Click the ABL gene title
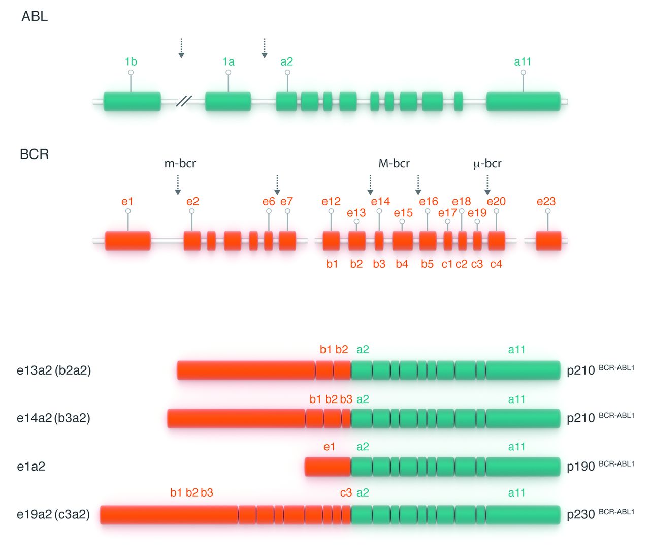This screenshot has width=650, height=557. coord(35,17)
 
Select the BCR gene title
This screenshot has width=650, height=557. coord(34,154)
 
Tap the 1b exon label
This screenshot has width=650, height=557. coord(131,61)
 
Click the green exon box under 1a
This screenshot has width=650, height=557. coord(228,102)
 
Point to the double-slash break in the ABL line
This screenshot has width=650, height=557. coord(183,101)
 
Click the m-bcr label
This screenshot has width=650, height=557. coord(180,164)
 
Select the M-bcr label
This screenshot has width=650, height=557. coord(394,164)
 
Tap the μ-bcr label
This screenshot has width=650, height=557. coord(487,164)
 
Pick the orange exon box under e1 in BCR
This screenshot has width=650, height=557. coord(128,241)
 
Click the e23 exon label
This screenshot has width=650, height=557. coord(546,202)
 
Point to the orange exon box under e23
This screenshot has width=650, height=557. coord(548,241)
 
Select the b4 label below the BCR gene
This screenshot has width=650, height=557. coord(402,264)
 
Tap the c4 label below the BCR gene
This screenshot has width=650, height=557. coord(496,264)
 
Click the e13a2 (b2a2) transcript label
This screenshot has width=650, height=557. coord(54,370)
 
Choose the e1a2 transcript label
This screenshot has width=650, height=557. coord(31,467)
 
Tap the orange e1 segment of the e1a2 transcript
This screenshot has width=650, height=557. coord(328,467)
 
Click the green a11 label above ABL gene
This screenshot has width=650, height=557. coord(523,61)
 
